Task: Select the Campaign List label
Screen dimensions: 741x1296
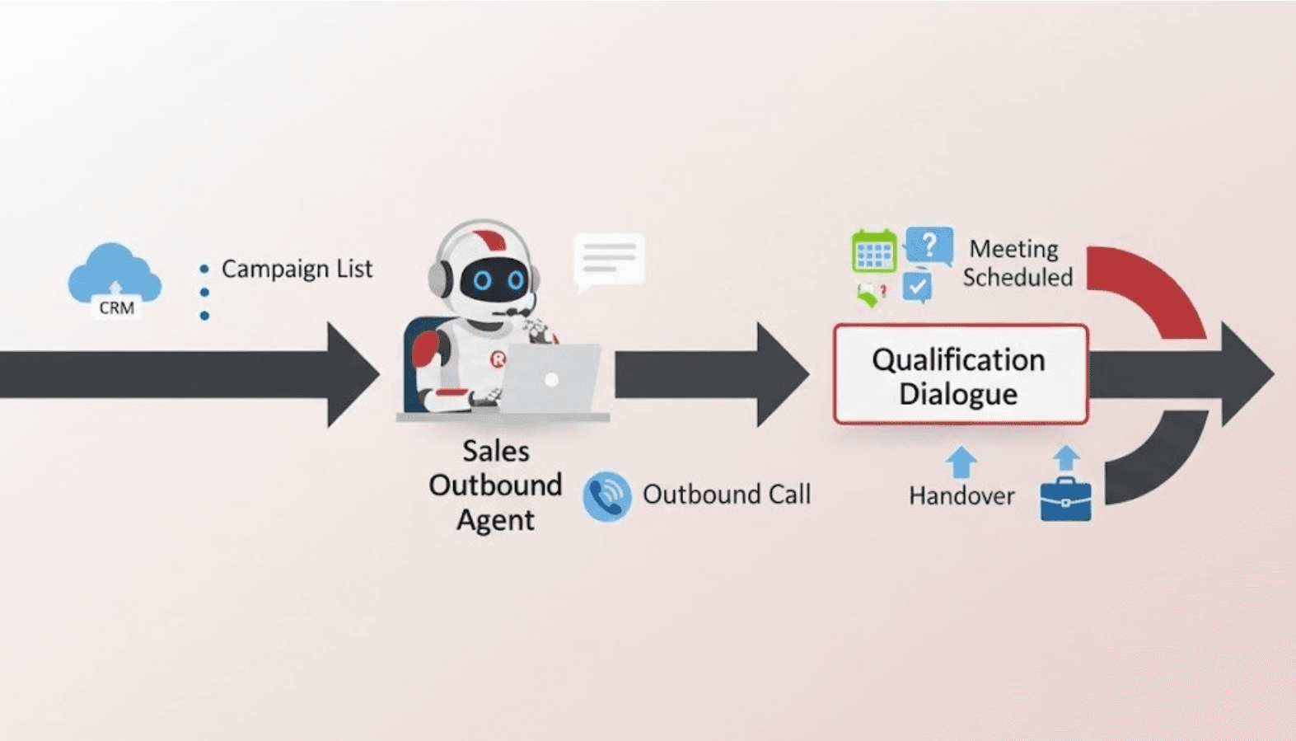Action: coord(297,269)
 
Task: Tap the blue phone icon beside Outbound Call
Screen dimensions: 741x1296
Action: coord(607,496)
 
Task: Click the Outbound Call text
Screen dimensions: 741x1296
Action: coord(726,495)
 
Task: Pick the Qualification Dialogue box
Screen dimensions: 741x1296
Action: coord(960,375)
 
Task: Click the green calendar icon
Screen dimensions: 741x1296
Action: coord(873,252)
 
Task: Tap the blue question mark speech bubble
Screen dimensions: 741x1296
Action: coord(929,245)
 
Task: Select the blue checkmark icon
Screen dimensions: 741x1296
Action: coord(917,287)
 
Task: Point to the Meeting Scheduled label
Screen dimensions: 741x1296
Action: coord(1018,263)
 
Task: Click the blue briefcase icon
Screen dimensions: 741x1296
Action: coord(1065,499)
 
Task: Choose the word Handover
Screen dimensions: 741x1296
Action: coord(961,495)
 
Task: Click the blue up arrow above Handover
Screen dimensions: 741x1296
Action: coord(961,462)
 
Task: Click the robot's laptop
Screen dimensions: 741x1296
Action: coord(550,378)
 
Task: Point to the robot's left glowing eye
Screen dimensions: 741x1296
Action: coord(483,280)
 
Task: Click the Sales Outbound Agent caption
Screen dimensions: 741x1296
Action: coord(495,485)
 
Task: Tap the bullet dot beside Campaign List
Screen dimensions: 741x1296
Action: coord(204,269)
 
